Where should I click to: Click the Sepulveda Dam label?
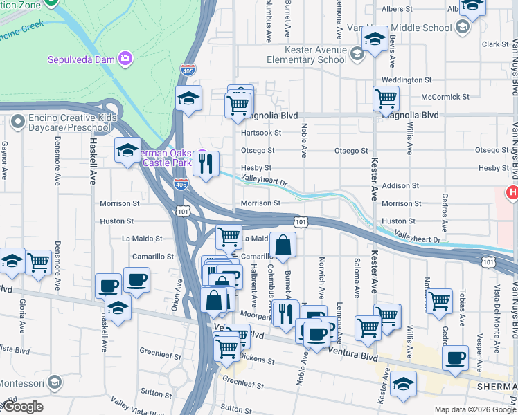click(80, 59)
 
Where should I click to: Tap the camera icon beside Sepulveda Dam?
click(125, 58)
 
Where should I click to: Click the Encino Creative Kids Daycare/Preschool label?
click(73, 123)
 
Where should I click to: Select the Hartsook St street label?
click(261, 133)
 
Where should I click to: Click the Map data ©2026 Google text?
click(475, 409)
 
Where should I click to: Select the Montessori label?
click(21, 383)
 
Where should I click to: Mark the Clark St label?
click(495, 44)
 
